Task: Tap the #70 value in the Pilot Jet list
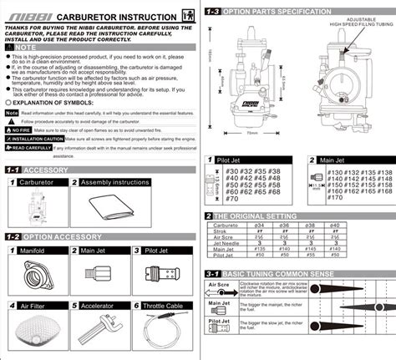point(231,199)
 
